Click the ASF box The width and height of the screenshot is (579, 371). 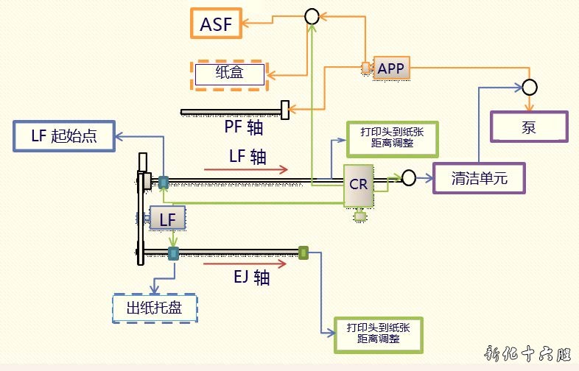[x=217, y=24]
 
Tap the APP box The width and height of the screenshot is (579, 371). [x=390, y=68]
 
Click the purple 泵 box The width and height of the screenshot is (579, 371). [x=529, y=126]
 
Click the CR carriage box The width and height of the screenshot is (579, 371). [x=359, y=184]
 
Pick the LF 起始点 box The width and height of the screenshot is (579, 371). [x=64, y=137]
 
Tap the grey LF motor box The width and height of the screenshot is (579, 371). [x=167, y=218]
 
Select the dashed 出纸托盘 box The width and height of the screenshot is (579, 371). [x=155, y=308]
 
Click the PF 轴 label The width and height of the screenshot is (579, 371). [x=244, y=127]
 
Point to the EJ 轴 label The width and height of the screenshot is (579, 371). [x=252, y=278]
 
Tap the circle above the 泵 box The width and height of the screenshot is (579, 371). [x=530, y=87]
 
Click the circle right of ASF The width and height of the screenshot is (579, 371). [x=311, y=16]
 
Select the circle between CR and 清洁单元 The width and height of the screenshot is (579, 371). [x=409, y=177]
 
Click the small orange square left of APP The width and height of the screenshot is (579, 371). [x=365, y=68]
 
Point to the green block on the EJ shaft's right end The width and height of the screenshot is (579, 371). [x=303, y=253]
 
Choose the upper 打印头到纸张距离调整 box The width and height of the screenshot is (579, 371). [x=392, y=137]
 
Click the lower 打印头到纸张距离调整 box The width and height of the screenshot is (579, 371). [x=379, y=333]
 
